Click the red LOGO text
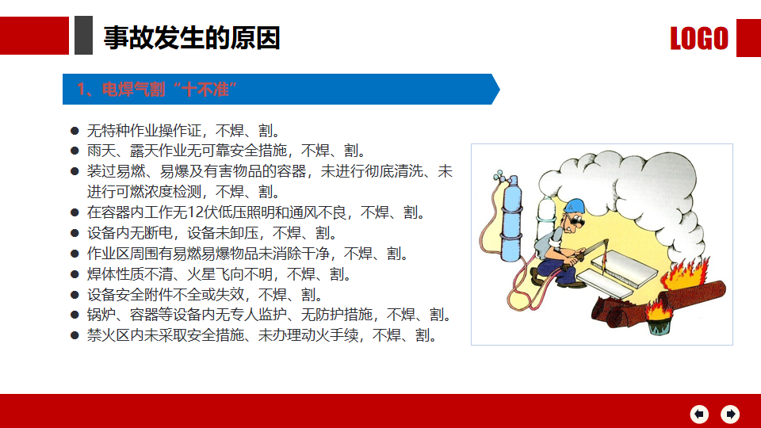tap(699, 38)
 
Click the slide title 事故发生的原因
tap(192, 38)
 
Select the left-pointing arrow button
tap(699, 414)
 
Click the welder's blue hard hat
tap(576, 205)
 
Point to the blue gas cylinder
tap(511, 219)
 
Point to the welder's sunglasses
tap(577, 222)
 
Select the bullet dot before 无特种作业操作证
tap(75, 131)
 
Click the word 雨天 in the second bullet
tap(101, 151)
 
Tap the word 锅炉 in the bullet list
tap(101, 315)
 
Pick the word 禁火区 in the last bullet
tap(109, 335)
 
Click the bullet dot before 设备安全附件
tap(75, 295)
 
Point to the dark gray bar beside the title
tap(83, 35)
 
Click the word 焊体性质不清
tap(129, 274)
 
